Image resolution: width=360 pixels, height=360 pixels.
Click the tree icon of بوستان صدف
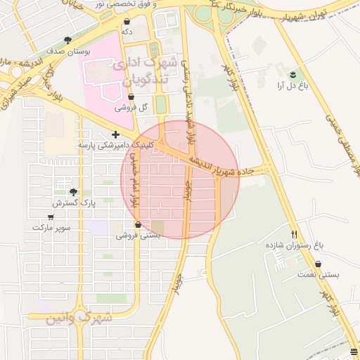[x=67, y=41]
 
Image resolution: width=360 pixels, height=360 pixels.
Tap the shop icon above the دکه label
[x=127, y=22]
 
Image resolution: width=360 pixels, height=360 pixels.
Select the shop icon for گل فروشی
[x=131, y=97]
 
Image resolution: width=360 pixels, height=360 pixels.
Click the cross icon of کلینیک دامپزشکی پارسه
[x=115, y=134]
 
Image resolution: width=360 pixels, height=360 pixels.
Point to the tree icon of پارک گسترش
[x=73, y=192]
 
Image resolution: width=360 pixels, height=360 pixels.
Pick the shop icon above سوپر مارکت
[x=51, y=217]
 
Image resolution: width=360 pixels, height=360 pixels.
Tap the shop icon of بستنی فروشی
[x=137, y=225]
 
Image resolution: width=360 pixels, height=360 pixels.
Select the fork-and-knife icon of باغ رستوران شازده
[x=294, y=234]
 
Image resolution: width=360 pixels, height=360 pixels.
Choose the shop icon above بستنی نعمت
[x=319, y=264]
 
